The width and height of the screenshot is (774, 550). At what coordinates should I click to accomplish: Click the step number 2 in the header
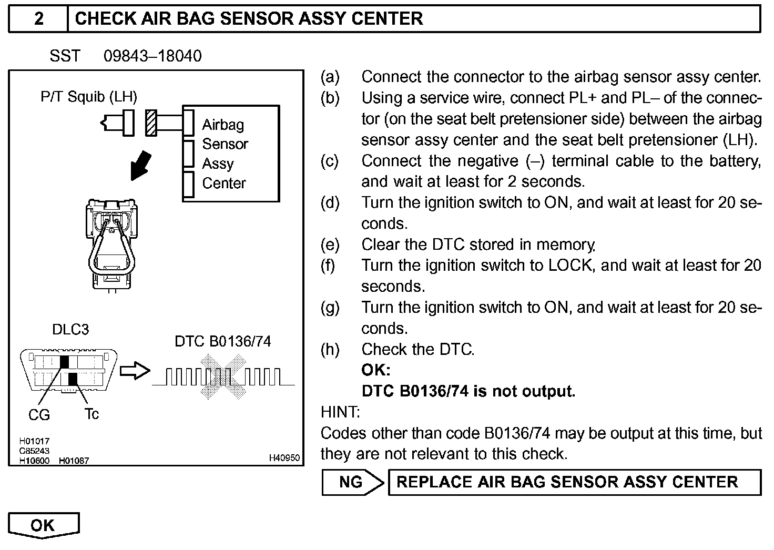tap(39, 19)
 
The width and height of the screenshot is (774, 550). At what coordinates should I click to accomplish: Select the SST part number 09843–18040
tap(152, 56)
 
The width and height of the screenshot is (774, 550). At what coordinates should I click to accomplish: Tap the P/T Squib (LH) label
tap(89, 97)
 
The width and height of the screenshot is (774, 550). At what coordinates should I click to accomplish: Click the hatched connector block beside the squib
tap(151, 123)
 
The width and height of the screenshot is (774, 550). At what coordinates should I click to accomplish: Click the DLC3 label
tap(70, 330)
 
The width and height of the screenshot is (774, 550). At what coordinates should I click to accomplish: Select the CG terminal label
tap(39, 415)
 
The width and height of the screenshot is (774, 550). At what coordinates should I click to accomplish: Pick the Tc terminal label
tap(91, 414)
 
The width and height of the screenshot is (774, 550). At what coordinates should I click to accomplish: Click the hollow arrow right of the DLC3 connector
tap(135, 370)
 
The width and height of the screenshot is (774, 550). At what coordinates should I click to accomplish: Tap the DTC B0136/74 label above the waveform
tap(223, 341)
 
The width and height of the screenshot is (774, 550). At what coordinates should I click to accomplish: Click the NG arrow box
tap(351, 482)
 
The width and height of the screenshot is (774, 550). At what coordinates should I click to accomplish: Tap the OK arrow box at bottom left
tap(43, 525)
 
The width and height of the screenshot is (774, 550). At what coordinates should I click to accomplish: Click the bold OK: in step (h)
tap(376, 370)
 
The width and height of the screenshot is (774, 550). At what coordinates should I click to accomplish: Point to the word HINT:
tap(340, 412)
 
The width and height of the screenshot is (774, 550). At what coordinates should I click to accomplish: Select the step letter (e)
tap(330, 245)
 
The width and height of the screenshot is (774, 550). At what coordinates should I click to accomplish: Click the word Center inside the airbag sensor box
tap(224, 183)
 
